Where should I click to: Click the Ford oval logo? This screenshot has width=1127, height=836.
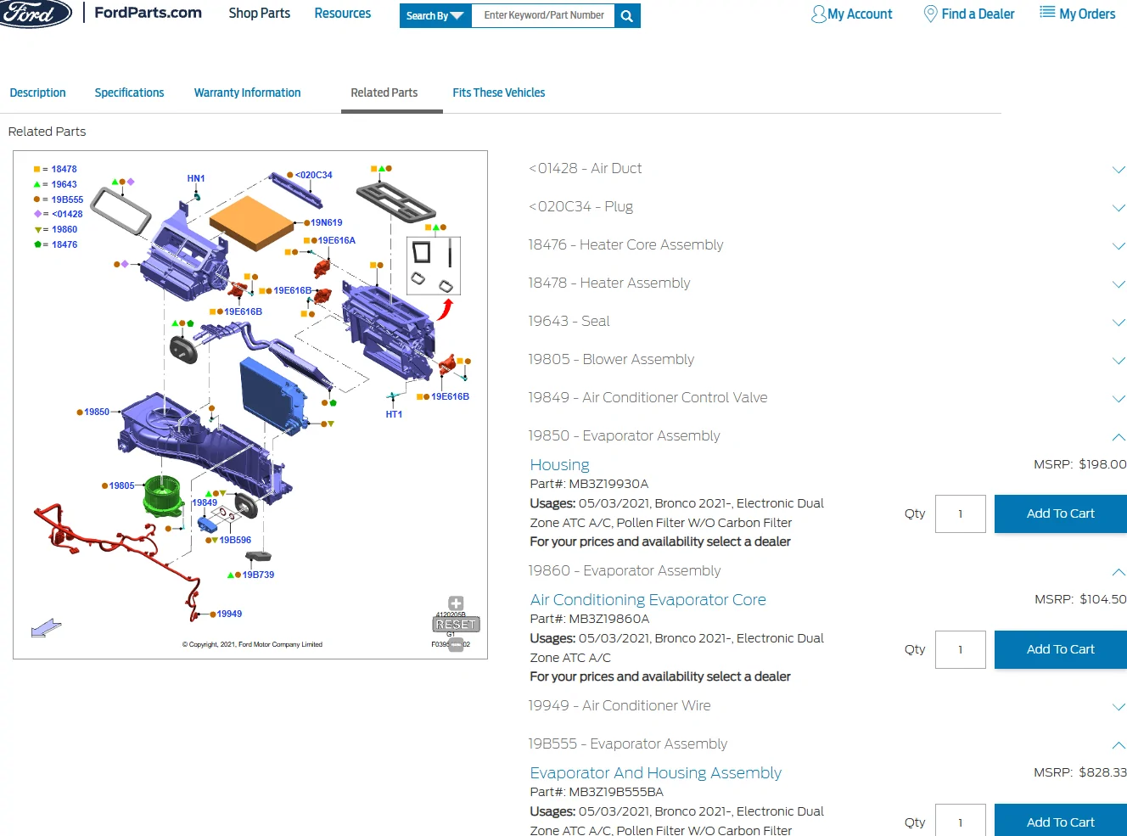[x=36, y=14]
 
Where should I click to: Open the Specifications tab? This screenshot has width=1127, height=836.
[x=129, y=93]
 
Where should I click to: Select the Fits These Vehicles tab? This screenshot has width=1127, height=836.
[x=498, y=93]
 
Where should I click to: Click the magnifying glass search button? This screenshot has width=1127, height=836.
[x=627, y=16]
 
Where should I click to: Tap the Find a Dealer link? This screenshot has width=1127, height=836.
[x=968, y=14]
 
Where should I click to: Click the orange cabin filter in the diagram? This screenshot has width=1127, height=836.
[x=251, y=222]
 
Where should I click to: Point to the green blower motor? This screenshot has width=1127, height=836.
[x=163, y=495]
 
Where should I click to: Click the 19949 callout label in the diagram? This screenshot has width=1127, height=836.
[x=229, y=614]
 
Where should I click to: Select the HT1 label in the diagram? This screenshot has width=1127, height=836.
[x=394, y=414]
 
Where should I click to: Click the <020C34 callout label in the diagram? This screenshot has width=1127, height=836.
[x=313, y=175]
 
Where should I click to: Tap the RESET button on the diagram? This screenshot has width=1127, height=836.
[x=456, y=624]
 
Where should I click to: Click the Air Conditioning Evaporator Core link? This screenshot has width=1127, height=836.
[x=648, y=600]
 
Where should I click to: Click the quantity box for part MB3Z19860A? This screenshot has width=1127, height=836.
[x=960, y=649]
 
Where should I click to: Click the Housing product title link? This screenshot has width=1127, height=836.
[x=559, y=464]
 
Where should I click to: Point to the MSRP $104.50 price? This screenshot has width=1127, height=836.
[x=1080, y=599]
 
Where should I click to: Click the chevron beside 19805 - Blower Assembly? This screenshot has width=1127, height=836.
[x=1119, y=361]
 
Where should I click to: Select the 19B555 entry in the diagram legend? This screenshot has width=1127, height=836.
[x=59, y=199]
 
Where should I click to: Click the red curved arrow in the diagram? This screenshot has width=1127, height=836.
[x=446, y=310]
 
